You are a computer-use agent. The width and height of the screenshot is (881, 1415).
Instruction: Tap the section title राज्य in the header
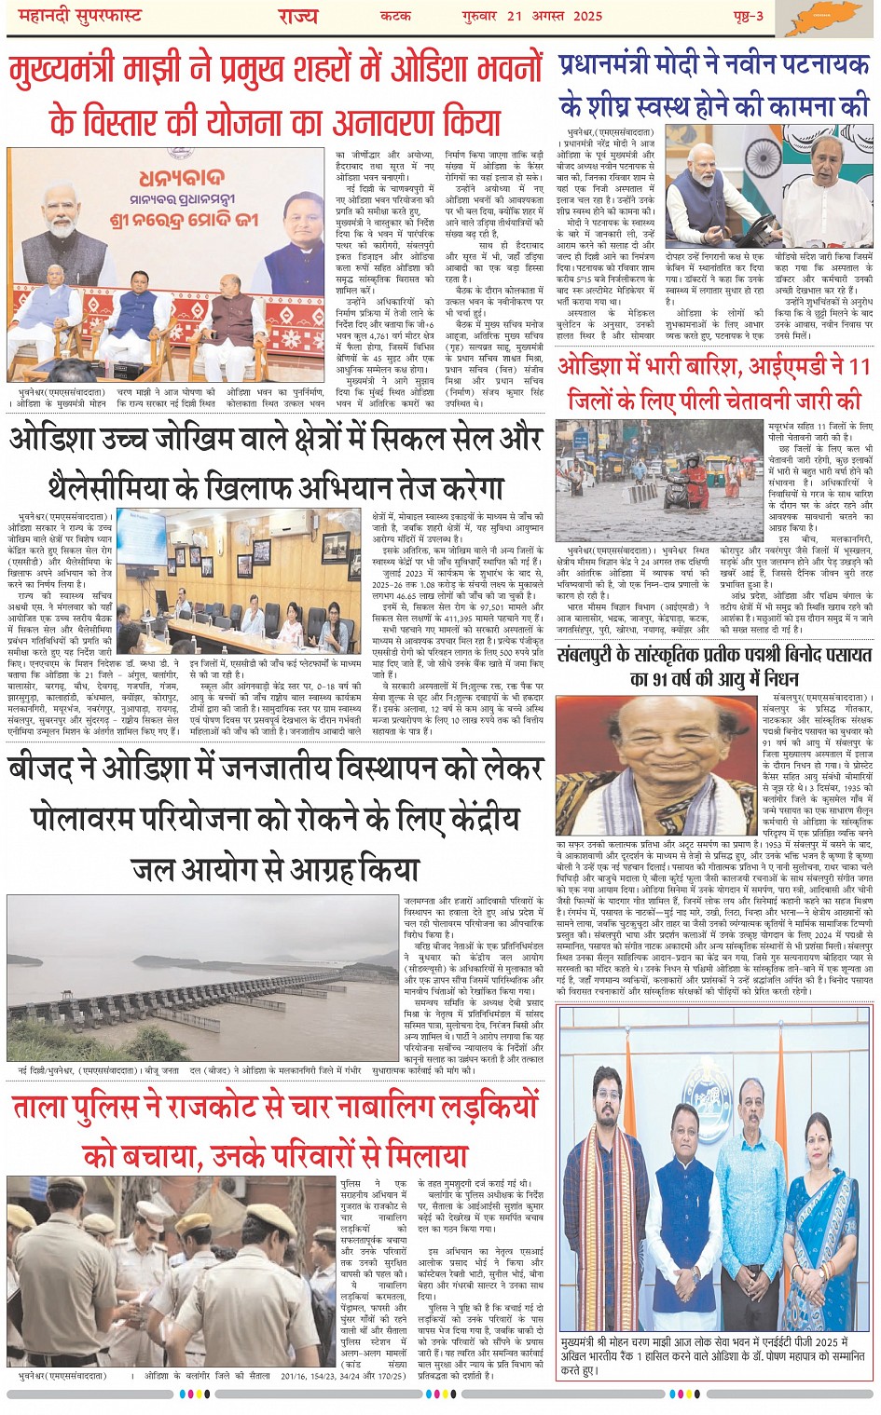(297, 17)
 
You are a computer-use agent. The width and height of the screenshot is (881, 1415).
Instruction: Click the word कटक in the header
(395, 17)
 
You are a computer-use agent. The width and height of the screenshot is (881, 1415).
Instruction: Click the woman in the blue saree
(821, 1216)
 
